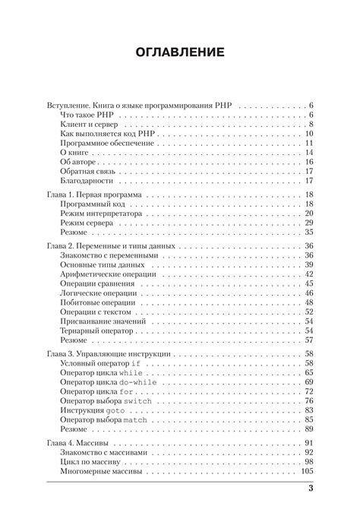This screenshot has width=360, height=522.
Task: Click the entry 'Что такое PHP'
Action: click(89, 113)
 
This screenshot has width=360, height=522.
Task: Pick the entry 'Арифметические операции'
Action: click(107, 274)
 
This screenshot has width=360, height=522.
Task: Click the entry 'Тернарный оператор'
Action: click(96, 332)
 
